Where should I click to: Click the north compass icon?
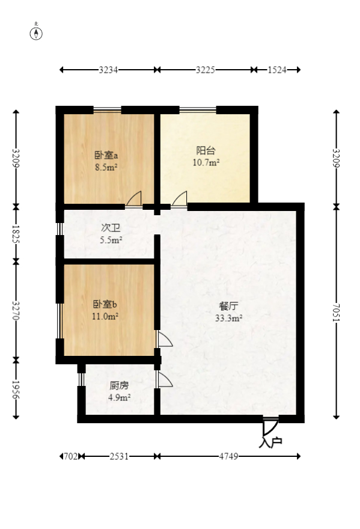tap(37, 33)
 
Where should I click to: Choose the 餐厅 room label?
tap(229, 305)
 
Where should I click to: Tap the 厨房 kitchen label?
tap(119, 385)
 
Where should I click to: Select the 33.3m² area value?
tap(229, 319)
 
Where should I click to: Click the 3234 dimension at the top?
tap(108, 70)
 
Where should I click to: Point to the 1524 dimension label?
tap(276, 70)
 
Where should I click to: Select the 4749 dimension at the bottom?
tap(228, 456)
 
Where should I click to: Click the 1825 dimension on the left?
tap(17, 234)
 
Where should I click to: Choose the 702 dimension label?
tap(71, 456)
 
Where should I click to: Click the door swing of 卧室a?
tap(134, 199)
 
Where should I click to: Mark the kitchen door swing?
tap(164, 379)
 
